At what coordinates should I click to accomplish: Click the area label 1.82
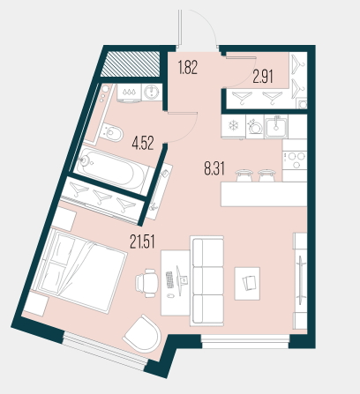187,67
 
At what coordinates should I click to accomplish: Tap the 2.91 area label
263,77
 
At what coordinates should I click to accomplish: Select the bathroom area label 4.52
143,144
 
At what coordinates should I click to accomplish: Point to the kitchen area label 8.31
214,169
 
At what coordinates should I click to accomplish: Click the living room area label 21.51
142,242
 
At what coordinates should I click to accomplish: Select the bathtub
112,169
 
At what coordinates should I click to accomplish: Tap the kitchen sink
276,126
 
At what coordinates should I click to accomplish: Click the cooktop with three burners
295,160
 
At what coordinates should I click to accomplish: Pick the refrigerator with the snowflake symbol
233,126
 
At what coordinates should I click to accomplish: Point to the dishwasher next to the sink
255,126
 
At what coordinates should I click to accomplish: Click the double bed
80,270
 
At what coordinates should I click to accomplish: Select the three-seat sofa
206,281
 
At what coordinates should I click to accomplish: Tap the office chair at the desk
146,283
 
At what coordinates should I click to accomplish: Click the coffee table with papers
247,283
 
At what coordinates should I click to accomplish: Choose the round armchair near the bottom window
144,333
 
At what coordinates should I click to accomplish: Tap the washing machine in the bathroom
152,92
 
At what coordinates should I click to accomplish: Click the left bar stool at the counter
244,175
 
